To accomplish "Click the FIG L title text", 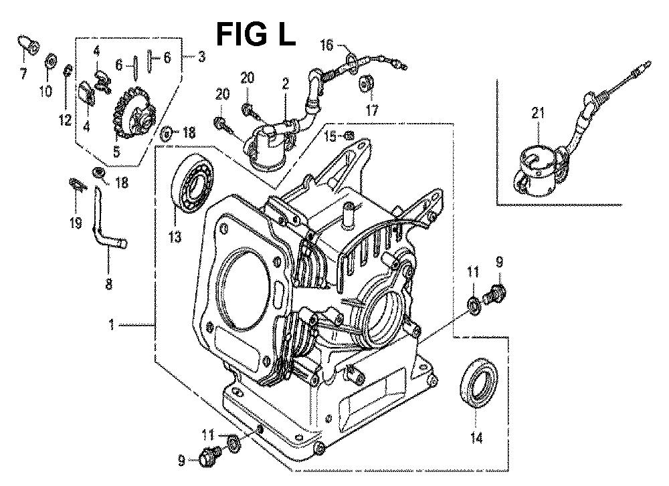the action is [256, 35].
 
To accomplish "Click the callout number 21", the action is [538, 114].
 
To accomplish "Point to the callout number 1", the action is [111, 326].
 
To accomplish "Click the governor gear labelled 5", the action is [134, 114].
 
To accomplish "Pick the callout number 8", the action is [109, 284].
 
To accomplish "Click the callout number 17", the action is [371, 110].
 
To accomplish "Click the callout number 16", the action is [326, 45].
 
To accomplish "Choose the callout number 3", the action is [200, 56].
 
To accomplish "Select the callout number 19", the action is [76, 222].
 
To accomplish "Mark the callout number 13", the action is [175, 237].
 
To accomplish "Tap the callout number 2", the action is [285, 84].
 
